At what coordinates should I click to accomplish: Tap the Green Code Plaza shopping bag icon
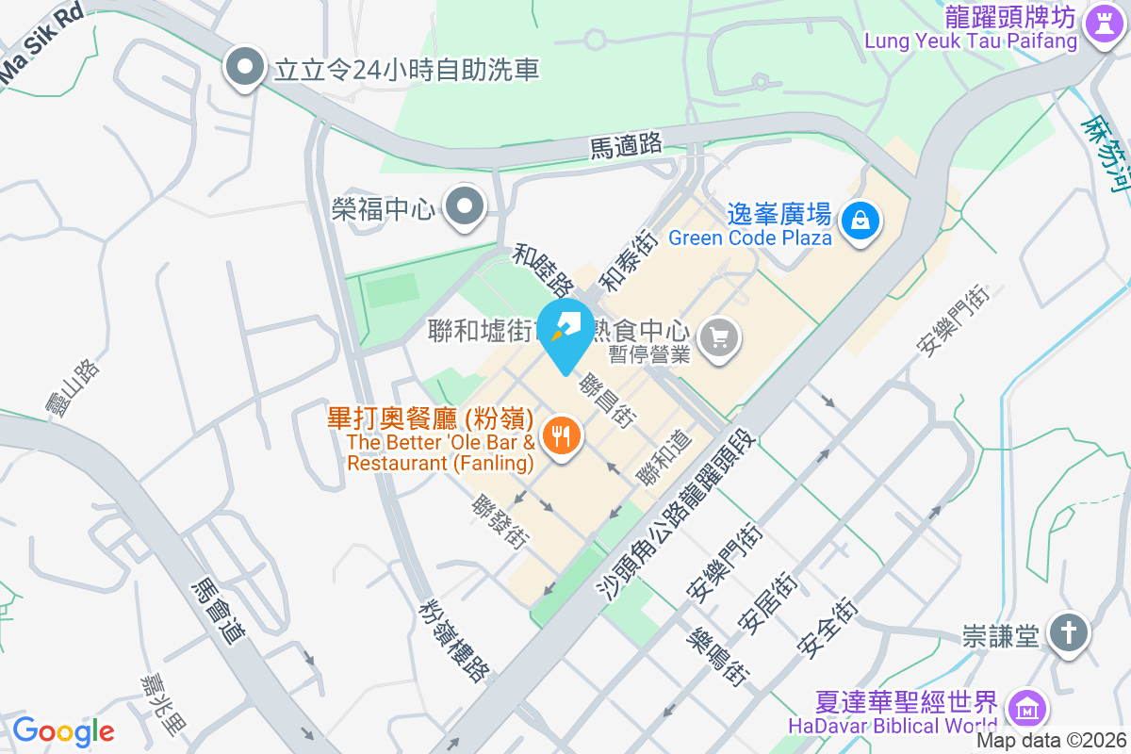(861, 221)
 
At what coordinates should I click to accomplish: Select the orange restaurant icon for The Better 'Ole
(562, 434)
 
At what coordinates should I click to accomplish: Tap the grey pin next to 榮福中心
(463, 207)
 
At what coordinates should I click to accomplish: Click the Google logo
(63, 730)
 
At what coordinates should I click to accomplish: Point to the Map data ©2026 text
(1050, 741)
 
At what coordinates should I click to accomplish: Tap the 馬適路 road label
(626, 145)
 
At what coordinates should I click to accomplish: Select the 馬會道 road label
(218, 612)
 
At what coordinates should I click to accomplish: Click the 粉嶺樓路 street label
(455, 640)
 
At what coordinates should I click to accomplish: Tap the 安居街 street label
(768, 601)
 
